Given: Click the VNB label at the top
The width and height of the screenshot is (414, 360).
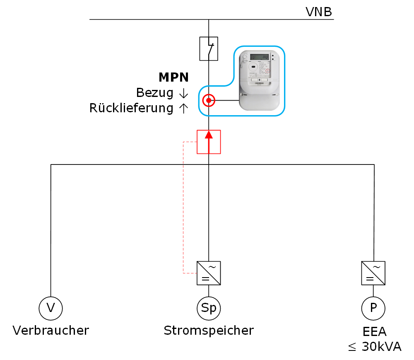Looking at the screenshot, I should pyautogui.click(x=318, y=12).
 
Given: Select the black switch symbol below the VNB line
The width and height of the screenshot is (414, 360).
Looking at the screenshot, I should pyautogui.click(x=209, y=49).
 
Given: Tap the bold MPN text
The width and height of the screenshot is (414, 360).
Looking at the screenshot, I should pyautogui.click(x=173, y=77).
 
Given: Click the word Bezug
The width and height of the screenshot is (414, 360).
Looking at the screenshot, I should pyautogui.click(x=154, y=93).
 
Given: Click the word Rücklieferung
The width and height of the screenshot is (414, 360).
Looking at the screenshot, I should pyautogui.click(x=131, y=108).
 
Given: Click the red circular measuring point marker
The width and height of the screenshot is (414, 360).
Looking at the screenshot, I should pyautogui.click(x=209, y=100).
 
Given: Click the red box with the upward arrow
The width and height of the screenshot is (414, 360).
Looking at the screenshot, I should pyautogui.click(x=209, y=142).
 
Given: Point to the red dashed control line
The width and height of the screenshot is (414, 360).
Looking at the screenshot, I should pyautogui.click(x=183, y=207).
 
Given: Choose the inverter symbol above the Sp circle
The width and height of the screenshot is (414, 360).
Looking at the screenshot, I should pyautogui.click(x=209, y=273).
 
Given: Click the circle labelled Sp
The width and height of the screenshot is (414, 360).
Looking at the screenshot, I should pyautogui.click(x=209, y=308).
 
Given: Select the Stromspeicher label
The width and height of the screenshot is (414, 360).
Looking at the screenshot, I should pyautogui.click(x=209, y=331).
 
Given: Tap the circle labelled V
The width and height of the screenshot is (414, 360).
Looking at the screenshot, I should pyautogui.click(x=51, y=308).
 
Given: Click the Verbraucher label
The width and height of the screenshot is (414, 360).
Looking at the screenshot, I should pyautogui.click(x=51, y=331).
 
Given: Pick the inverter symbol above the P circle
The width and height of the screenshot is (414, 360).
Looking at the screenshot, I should pyautogui.click(x=373, y=273).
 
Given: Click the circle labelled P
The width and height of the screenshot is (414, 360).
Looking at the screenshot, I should pyautogui.click(x=373, y=308).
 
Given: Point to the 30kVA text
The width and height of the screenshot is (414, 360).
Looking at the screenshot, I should pyautogui.click(x=381, y=347).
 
